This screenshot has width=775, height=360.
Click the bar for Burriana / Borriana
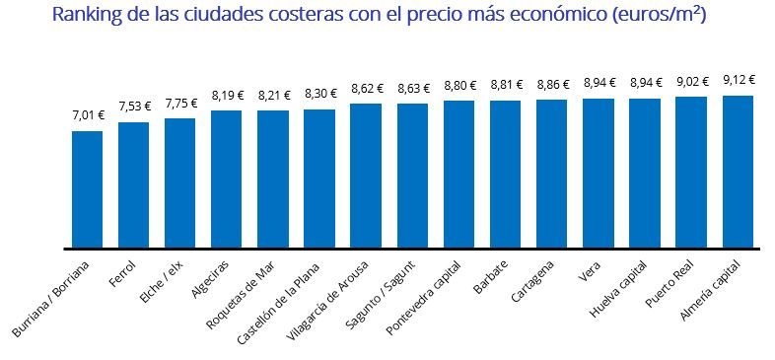tap(87, 188)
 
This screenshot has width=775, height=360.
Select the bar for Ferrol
tap(133, 184)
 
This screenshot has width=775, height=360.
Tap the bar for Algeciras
tap(227, 179)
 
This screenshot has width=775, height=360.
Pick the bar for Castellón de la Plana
tap(319, 178)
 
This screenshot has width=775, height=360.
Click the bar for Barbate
tap(505, 174)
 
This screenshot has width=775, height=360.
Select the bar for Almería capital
tap(738, 172)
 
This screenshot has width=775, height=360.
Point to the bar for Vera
tap(599, 173)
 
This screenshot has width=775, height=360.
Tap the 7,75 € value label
tap(180, 103)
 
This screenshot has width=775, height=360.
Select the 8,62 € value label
tap(366, 89)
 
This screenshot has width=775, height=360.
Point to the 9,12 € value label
tap(739, 80)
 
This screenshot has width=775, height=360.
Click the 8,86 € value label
tap(552, 85)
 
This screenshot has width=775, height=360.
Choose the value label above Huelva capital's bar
tap(645, 84)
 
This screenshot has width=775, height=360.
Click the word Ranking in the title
tap(86, 16)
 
